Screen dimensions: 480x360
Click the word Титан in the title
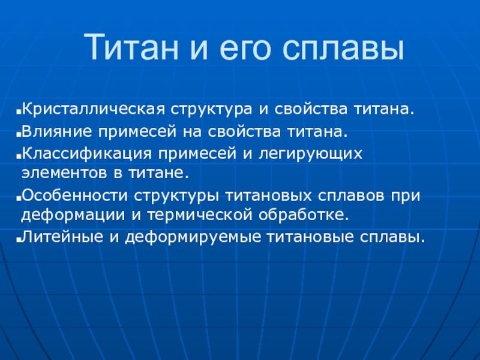(x=131, y=47)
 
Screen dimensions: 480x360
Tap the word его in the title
(x=245, y=50)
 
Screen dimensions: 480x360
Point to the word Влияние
(x=57, y=131)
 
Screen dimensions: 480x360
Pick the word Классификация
(x=87, y=153)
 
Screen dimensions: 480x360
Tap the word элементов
(x=64, y=173)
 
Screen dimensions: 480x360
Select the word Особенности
(x=74, y=196)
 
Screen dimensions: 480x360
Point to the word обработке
(x=304, y=214)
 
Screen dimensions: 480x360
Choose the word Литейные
(x=62, y=237)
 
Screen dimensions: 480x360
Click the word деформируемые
(x=193, y=237)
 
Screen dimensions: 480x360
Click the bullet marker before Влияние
(x=19, y=134)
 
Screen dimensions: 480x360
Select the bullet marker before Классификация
(x=19, y=157)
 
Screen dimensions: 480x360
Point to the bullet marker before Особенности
(x=19, y=199)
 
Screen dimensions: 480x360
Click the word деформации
(x=73, y=215)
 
